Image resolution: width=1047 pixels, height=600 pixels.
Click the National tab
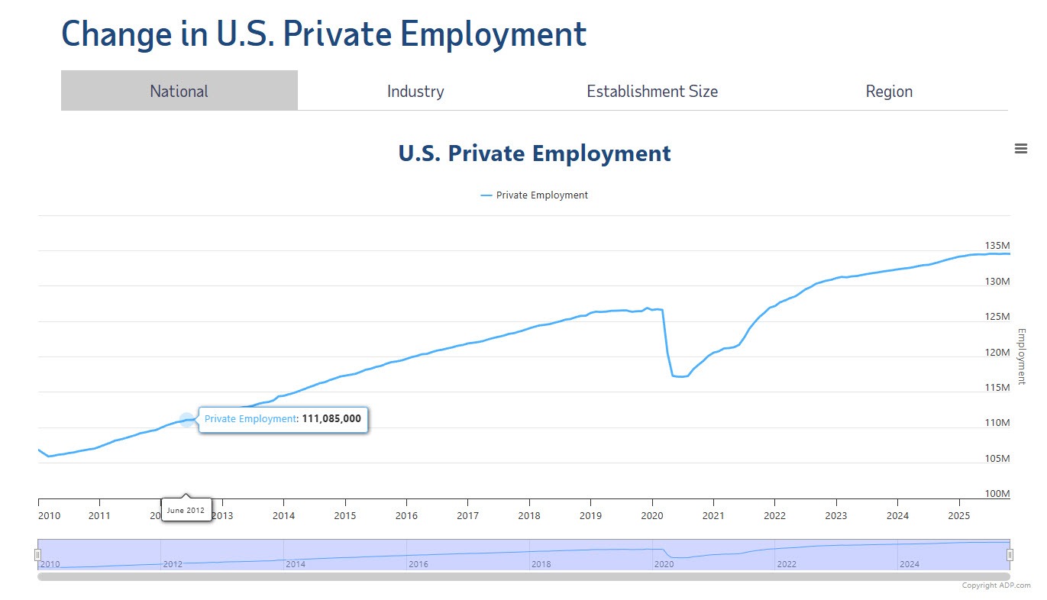click(179, 91)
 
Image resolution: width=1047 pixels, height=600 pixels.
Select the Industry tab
click(415, 91)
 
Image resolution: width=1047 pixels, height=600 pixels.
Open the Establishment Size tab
click(651, 91)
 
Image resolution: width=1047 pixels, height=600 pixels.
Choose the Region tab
click(888, 91)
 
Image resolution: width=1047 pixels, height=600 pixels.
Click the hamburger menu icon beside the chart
click(1020, 149)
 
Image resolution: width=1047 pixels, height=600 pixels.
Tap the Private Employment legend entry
click(535, 195)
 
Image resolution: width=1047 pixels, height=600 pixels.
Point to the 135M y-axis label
click(997, 246)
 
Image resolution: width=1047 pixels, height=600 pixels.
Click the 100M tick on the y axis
click(997, 494)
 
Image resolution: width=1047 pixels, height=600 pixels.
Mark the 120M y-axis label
click(997, 353)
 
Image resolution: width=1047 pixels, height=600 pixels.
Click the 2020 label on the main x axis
click(651, 515)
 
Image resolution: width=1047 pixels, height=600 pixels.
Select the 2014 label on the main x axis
click(283, 515)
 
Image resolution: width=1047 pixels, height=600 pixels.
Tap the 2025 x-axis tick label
click(958, 515)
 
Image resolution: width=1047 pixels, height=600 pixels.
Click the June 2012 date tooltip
click(186, 510)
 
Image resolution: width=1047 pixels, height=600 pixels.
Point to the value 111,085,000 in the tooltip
click(331, 418)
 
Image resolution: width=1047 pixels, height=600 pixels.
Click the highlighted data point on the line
click(186, 419)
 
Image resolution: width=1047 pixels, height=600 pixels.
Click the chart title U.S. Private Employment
click(535, 153)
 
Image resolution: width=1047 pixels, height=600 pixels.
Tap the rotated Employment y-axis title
click(1021, 356)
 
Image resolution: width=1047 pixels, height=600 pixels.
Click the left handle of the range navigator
click(37, 555)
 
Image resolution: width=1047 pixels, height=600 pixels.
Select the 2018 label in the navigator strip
click(540, 564)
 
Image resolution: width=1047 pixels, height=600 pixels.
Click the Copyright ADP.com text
click(995, 585)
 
